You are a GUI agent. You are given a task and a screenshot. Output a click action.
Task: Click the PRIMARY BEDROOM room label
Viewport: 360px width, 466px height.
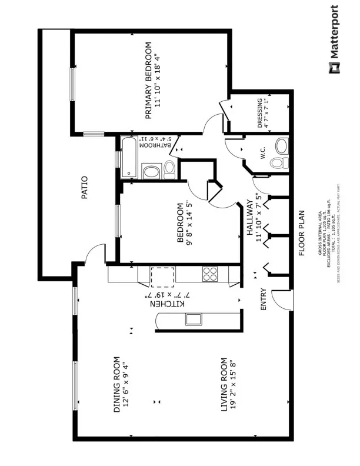tap(148, 81)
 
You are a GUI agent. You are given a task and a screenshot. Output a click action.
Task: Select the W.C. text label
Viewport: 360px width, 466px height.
tap(259, 155)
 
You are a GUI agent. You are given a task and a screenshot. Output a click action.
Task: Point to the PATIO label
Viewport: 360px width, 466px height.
tap(85, 187)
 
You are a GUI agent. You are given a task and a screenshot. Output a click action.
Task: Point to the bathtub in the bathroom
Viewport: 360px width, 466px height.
tap(129, 157)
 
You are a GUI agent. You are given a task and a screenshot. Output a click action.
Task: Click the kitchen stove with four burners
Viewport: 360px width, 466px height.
tap(210, 273)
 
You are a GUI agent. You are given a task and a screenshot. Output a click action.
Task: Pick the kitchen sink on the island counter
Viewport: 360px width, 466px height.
tap(193, 319)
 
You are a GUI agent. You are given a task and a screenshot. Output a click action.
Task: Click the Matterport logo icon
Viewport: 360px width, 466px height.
tap(334, 67)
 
